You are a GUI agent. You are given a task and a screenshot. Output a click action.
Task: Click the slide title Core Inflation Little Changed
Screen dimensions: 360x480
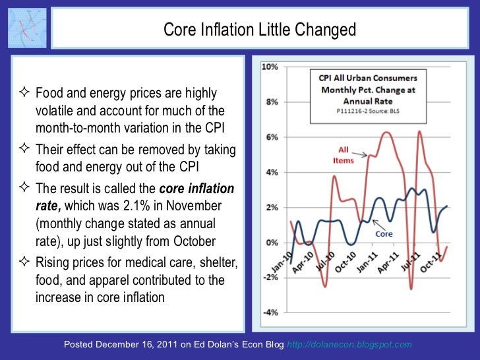(x=260, y=30)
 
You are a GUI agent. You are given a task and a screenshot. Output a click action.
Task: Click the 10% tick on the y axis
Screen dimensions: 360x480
(x=270, y=67)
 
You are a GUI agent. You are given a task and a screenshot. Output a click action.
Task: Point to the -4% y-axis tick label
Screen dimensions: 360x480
(x=270, y=313)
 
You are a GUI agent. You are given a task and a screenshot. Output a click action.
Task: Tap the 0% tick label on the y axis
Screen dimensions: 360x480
(x=271, y=243)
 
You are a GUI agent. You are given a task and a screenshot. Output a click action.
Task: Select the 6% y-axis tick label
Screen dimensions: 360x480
(x=271, y=137)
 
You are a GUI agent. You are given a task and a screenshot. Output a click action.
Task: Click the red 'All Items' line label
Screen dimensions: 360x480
(x=344, y=155)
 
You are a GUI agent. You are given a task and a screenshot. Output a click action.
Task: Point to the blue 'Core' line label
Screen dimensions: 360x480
(x=384, y=233)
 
